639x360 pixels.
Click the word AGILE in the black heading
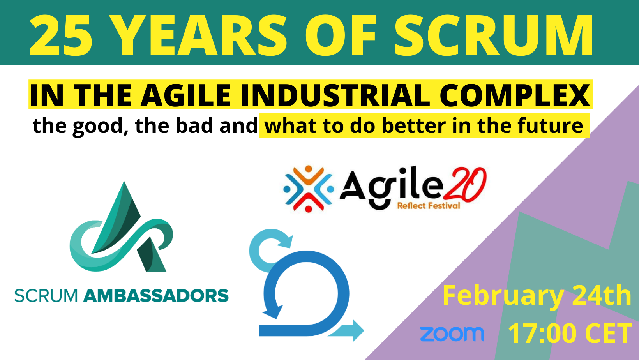[185, 95]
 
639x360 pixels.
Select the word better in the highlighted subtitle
[414, 126]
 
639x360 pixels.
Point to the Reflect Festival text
[429, 206]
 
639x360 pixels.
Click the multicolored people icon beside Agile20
[309, 189]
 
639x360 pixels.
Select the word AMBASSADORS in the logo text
[156, 296]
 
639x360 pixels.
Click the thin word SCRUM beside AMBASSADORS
[46, 296]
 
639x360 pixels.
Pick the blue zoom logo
[452, 334]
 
